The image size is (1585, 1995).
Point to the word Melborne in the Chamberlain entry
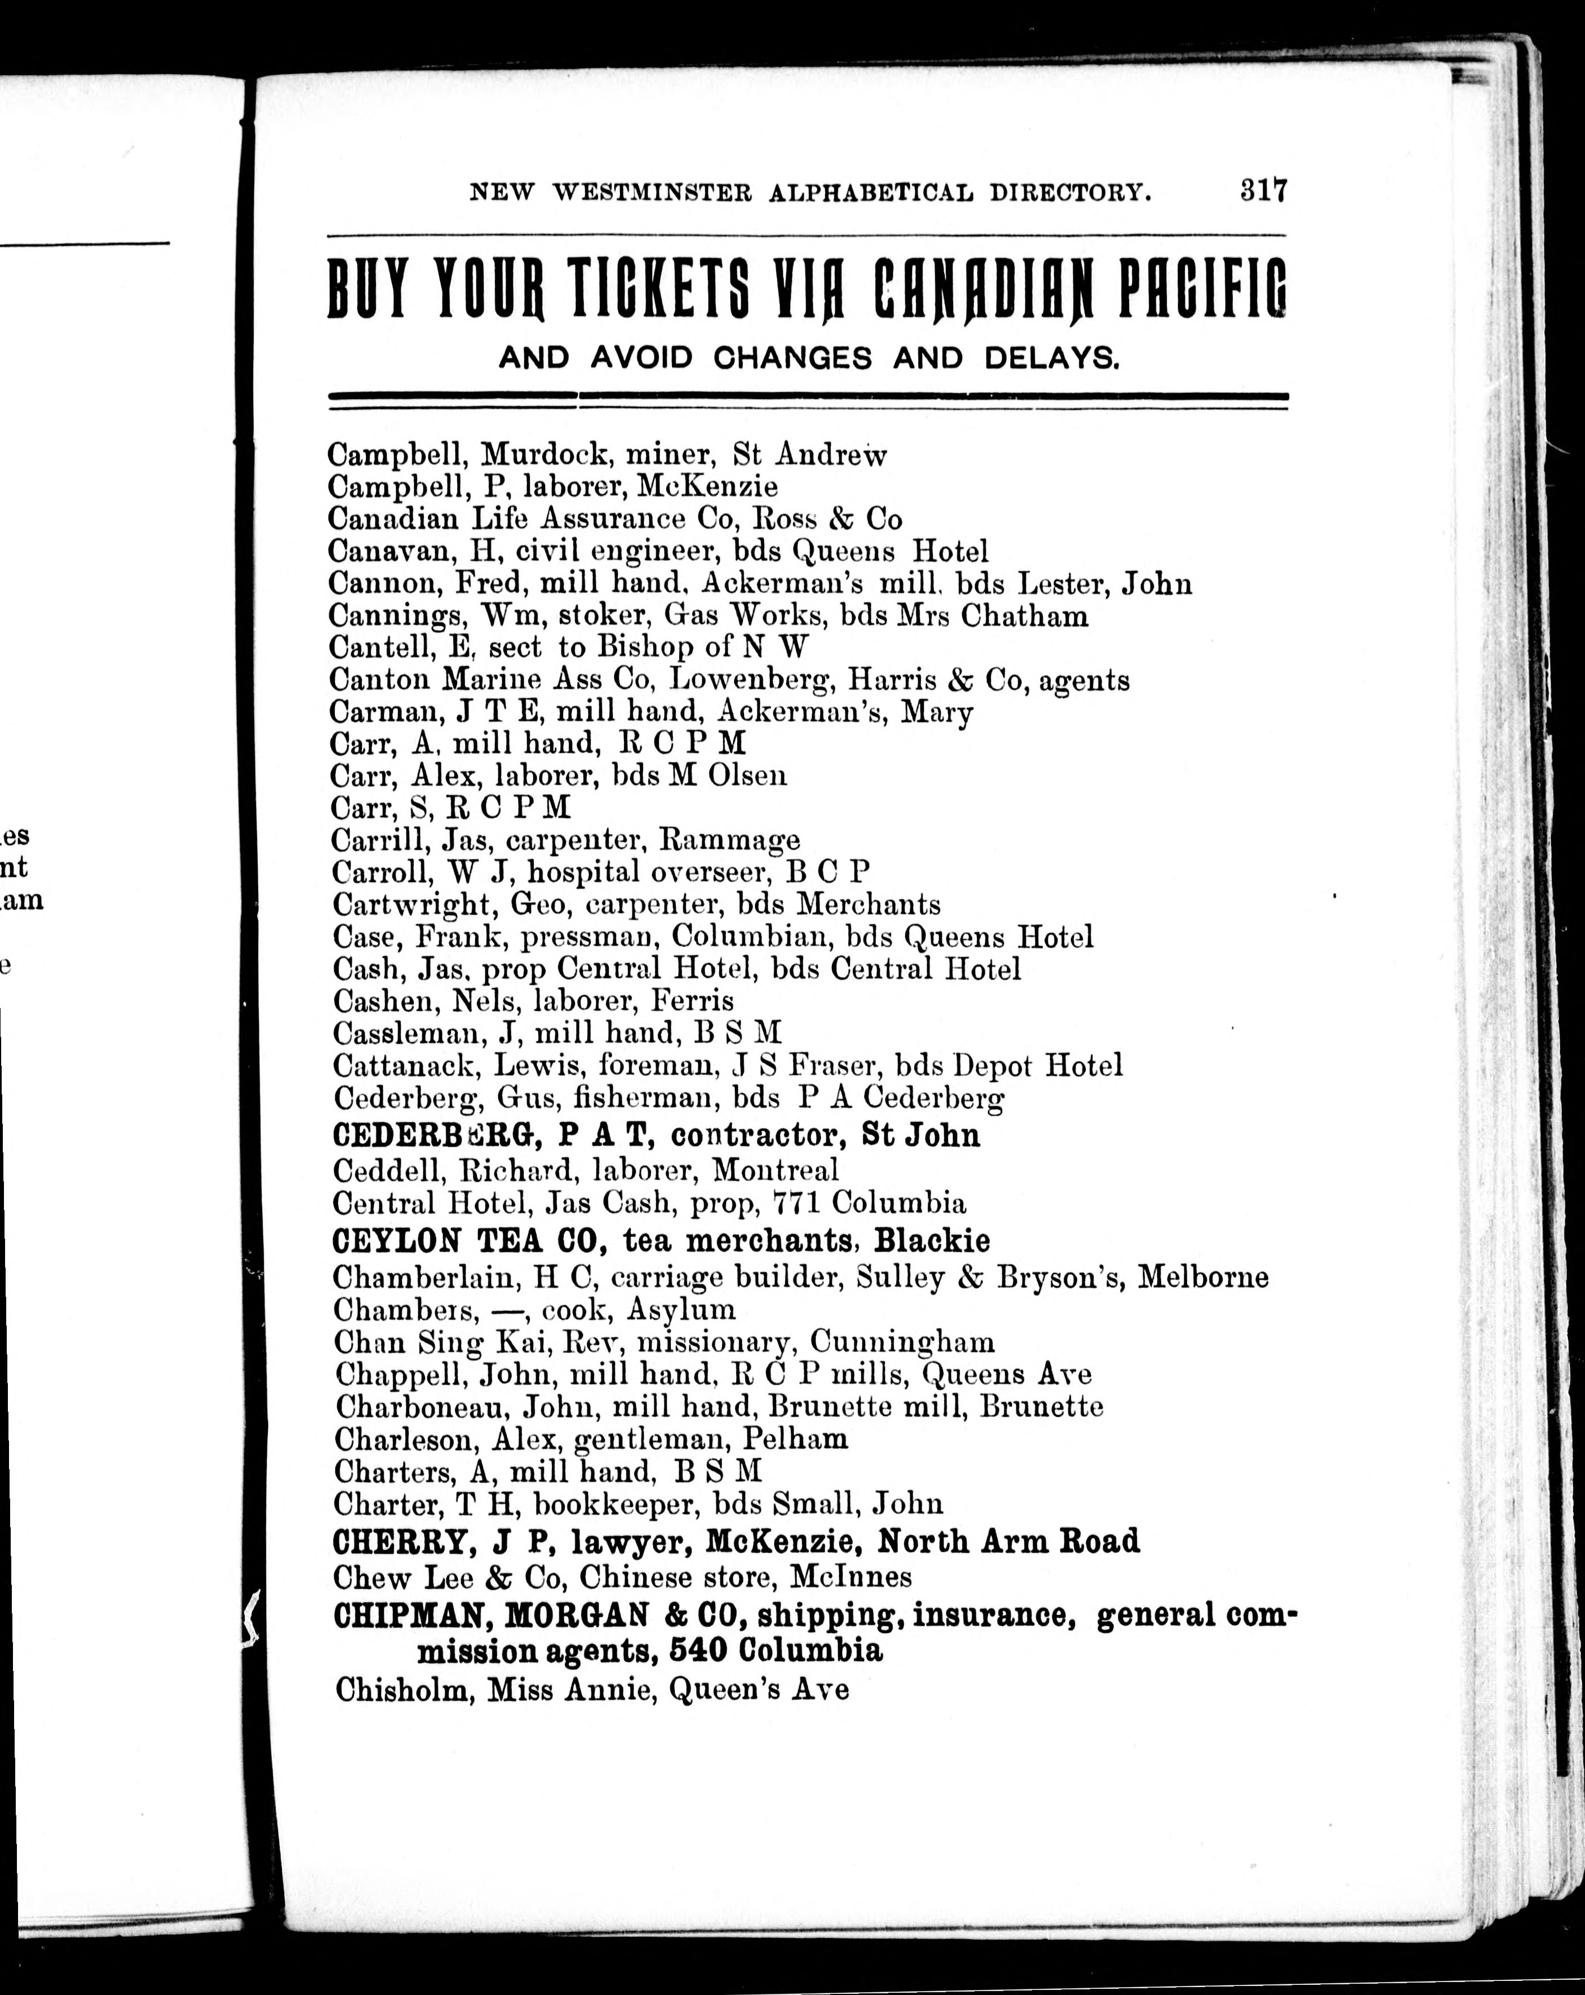(1203, 1278)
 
